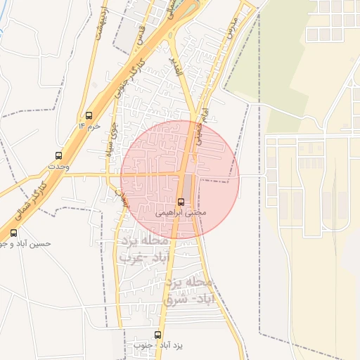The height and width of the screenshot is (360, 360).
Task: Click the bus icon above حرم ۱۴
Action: click(x=89, y=115)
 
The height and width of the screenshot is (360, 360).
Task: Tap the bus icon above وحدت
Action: click(x=58, y=155)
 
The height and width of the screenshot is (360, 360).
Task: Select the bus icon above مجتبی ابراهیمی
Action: click(x=181, y=201)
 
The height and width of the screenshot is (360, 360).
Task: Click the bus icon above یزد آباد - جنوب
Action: click(x=157, y=335)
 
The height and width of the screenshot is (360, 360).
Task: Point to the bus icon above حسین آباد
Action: click(x=13, y=233)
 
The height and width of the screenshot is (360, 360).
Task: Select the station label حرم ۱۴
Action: click(x=89, y=125)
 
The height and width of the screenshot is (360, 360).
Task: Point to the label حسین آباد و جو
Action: click(x=25, y=243)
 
